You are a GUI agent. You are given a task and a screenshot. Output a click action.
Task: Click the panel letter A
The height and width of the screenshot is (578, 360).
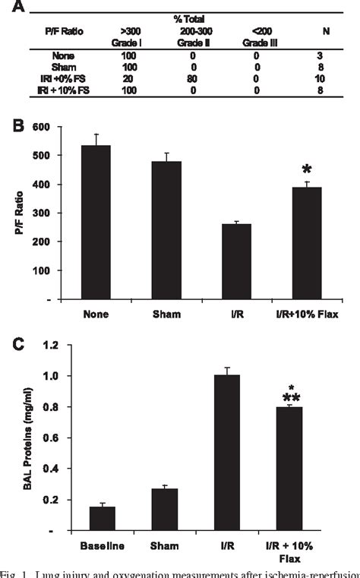(x=16, y=8)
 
